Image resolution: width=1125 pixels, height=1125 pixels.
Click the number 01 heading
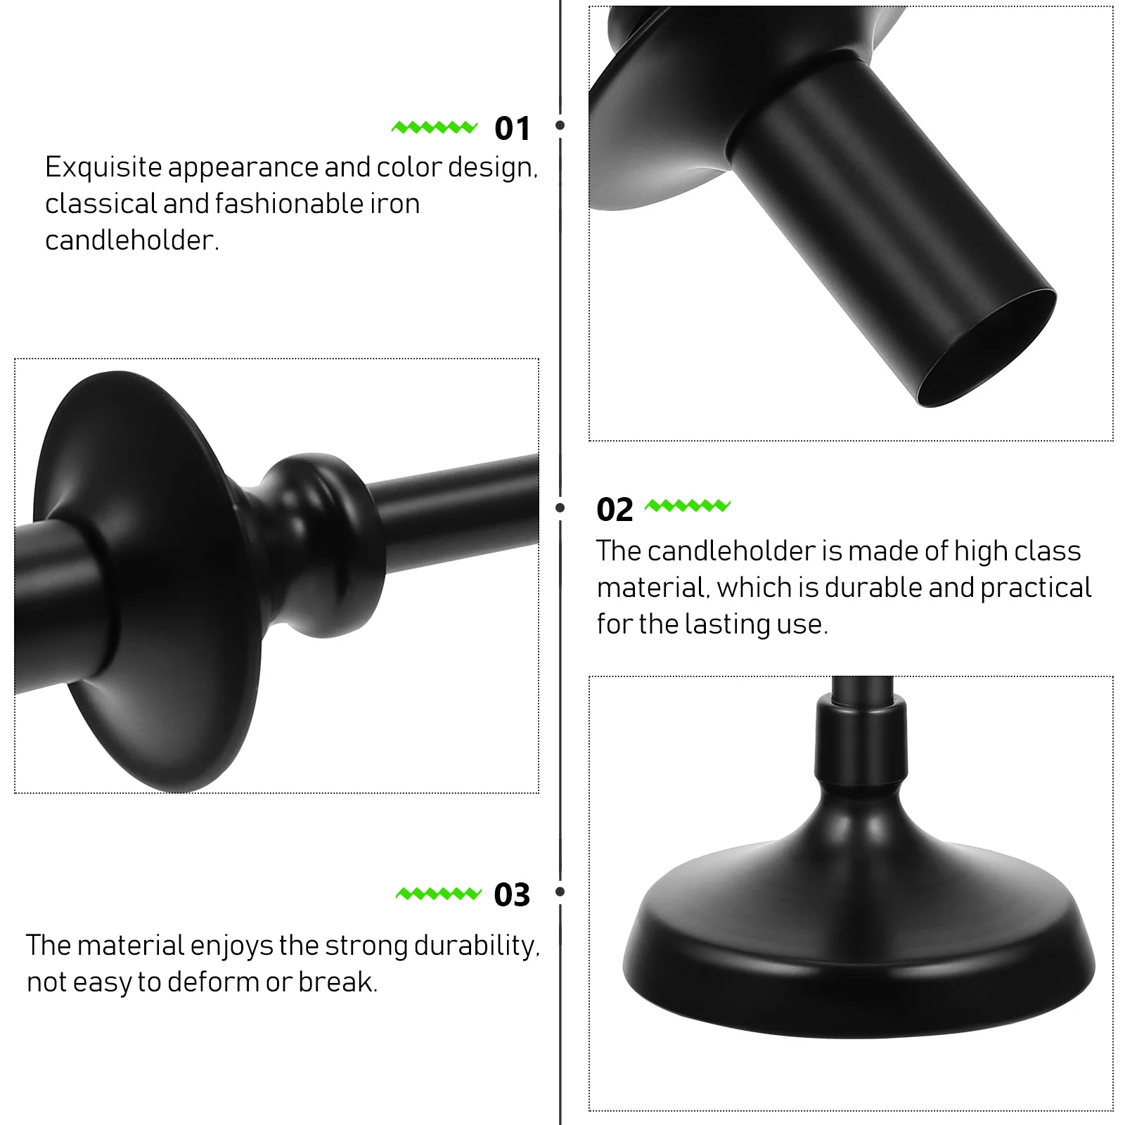[x=512, y=129]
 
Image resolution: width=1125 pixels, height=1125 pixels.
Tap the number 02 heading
[x=615, y=510]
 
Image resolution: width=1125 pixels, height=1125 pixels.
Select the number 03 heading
[x=512, y=895]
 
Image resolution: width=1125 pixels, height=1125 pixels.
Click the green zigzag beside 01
[x=435, y=127]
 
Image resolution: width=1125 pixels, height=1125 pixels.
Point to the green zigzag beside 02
[x=688, y=506]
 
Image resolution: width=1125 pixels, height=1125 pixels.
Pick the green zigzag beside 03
[x=439, y=894]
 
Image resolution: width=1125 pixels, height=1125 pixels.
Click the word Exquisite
[x=103, y=167]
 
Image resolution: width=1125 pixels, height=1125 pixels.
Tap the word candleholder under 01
[x=131, y=240]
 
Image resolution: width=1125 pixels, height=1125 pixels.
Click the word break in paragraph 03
[x=337, y=982]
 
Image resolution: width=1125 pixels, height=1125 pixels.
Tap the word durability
[x=476, y=946]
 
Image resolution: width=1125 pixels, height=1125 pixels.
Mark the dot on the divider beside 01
[x=560, y=125]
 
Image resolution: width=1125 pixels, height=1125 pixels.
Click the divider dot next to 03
[x=560, y=892]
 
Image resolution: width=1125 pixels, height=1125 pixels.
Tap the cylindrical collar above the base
[x=859, y=738]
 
